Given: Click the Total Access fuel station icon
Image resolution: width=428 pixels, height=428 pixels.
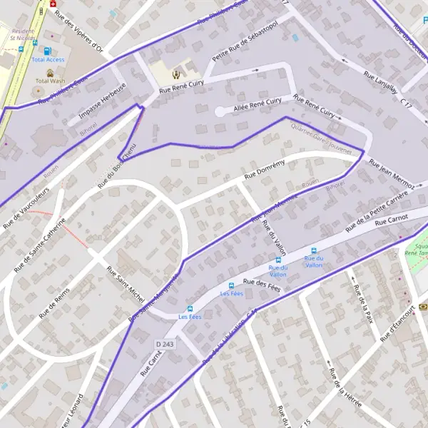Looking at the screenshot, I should (x=48, y=51).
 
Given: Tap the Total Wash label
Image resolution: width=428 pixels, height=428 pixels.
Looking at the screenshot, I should (x=49, y=81).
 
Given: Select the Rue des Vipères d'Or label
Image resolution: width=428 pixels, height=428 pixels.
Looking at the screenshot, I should (x=79, y=31).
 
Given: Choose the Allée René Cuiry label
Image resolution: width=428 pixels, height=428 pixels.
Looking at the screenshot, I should (x=258, y=105).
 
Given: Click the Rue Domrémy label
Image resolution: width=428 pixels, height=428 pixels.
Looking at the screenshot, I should (x=264, y=168).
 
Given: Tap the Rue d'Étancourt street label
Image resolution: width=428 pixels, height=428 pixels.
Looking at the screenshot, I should (x=397, y=325).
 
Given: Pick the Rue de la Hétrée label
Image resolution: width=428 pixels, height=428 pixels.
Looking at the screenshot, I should (x=344, y=389).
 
